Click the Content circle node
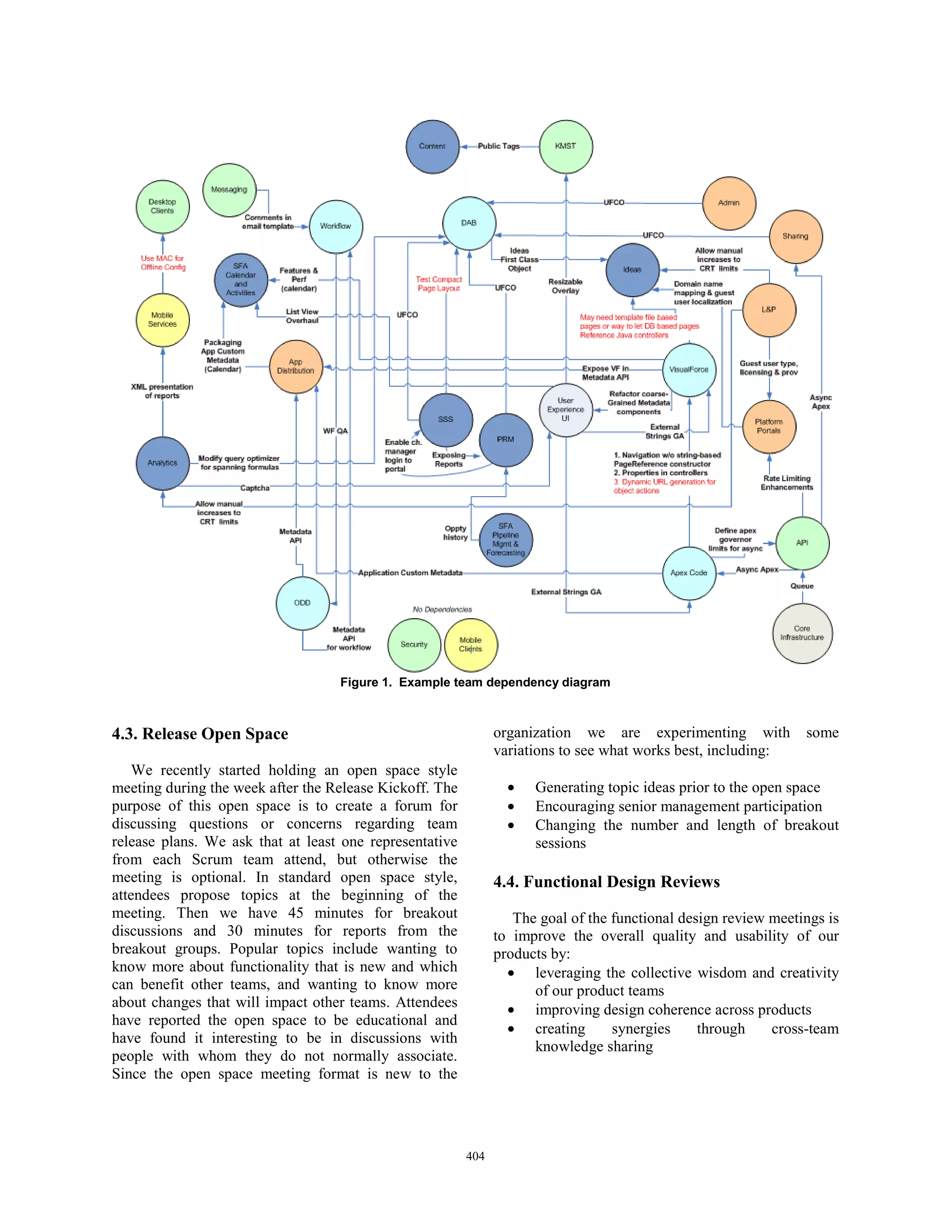432,146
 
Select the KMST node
566,146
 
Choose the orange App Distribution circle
296,367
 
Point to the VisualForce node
689,370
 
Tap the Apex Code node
689,573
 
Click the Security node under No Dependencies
414,645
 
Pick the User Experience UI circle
566,409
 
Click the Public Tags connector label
499,146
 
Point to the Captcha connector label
254,488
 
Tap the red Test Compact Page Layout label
438,284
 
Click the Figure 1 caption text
475,683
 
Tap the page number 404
475,1156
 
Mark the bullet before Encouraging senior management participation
511,807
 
